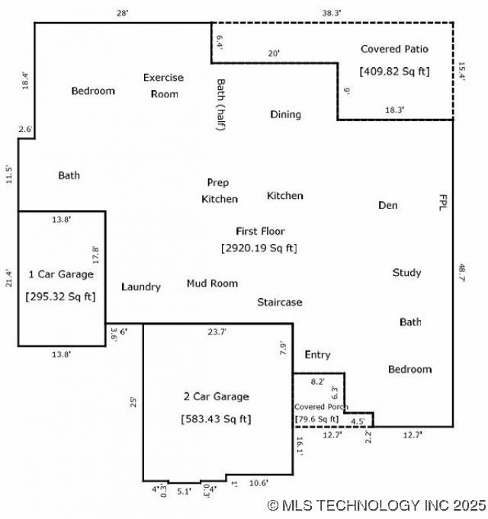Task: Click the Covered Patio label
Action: coord(394,49)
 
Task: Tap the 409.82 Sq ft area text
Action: coord(394,72)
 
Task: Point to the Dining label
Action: coord(285,114)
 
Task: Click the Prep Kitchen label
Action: coord(219,191)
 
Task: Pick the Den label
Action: coord(388,205)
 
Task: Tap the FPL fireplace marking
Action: coord(442,201)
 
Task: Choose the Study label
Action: coord(406,272)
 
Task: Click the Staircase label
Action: coord(279,302)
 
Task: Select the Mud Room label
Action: coord(212,284)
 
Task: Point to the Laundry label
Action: coord(141,287)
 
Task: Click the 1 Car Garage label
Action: coord(61,274)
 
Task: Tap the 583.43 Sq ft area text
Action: coord(216,418)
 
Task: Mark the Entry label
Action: coord(317,354)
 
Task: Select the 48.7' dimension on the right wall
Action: coord(461,273)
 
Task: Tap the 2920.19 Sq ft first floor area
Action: coord(259,248)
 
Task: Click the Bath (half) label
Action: coord(221,104)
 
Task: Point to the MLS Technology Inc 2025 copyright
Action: coord(377,505)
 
